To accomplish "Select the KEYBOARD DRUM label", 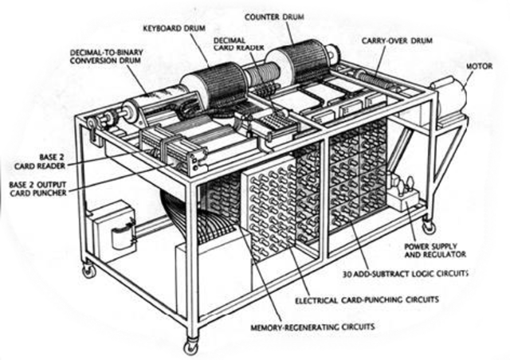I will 175,27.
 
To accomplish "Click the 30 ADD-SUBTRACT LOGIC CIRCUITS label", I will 418,273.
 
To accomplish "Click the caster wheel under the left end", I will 88,271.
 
